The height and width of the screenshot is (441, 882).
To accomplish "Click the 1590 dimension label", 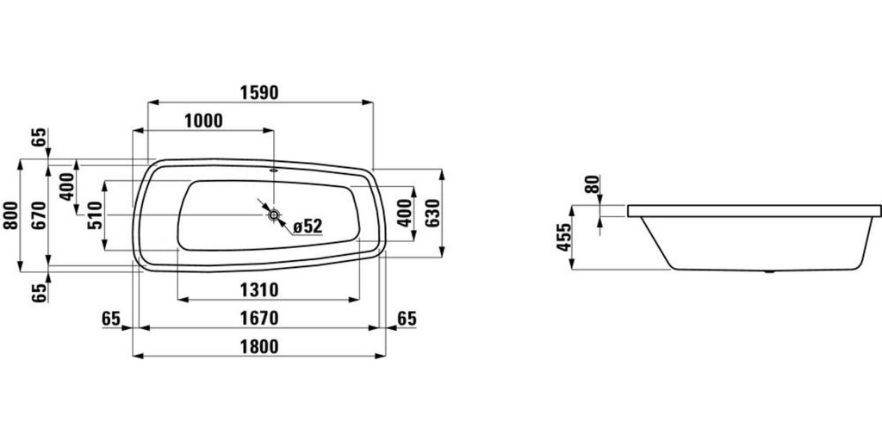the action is [259, 93].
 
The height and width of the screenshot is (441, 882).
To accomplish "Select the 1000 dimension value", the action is [203, 121].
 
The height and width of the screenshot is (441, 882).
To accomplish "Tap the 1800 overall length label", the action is [259, 347].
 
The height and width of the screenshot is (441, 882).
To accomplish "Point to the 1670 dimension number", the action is [259, 319].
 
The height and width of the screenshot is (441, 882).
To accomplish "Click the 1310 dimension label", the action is [259, 290].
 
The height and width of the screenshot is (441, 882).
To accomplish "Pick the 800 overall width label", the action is [10, 215].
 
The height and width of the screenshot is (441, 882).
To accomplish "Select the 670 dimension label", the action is [39, 215].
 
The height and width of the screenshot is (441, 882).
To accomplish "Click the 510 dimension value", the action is [95, 215].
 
